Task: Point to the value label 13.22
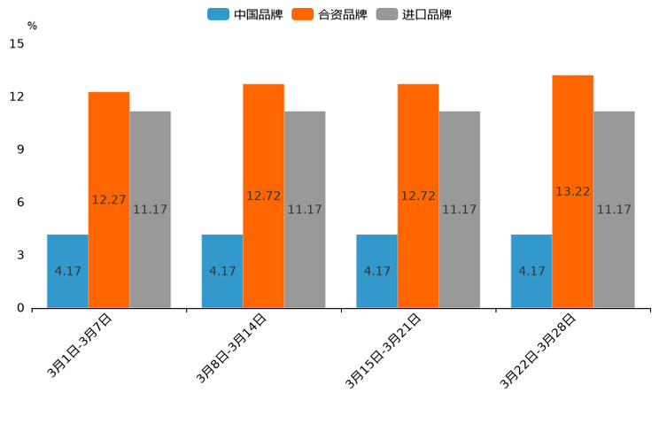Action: [x=573, y=191]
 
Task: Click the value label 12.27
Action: [x=109, y=200]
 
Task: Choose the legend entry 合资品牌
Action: [x=342, y=14]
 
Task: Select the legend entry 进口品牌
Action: [x=426, y=14]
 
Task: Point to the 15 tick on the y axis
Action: [x=17, y=43]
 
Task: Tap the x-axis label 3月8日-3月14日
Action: [x=232, y=349]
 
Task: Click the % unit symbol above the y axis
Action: [x=32, y=26]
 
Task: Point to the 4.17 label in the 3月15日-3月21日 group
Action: [x=377, y=271]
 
